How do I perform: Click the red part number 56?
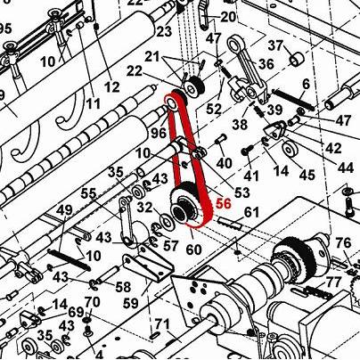pyautogui.click(x=224, y=204)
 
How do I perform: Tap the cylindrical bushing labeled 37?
pyautogui.click(x=297, y=59)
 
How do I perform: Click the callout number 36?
pyautogui.click(x=266, y=64)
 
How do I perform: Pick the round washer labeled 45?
pyautogui.click(x=290, y=149)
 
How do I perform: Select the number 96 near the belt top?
pyautogui.click(x=159, y=133)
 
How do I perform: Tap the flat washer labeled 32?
pyautogui.click(x=168, y=221)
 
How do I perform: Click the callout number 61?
pyautogui.click(x=251, y=213)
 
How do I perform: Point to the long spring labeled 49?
pyautogui.click(x=69, y=260)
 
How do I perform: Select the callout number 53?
pyautogui.click(x=242, y=192)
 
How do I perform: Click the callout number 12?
pyautogui.click(x=112, y=86)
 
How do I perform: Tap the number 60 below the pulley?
pyautogui.click(x=193, y=250)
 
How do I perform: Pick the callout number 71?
pyautogui.click(x=162, y=324)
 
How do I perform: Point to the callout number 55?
pyautogui.click(x=89, y=194)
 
